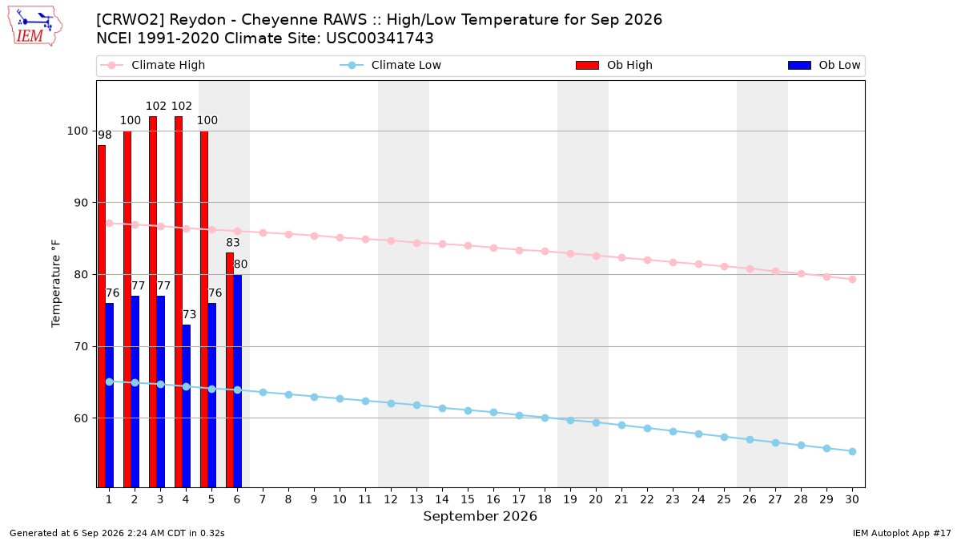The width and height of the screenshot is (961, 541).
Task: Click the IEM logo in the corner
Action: coord(35,26)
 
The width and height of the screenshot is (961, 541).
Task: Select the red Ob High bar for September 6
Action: coord(230,369)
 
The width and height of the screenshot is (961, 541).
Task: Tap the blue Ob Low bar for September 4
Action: coord(186,406)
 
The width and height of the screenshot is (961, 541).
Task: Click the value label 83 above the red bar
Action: coord(233,243)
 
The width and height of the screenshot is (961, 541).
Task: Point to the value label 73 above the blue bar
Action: coord(189,315)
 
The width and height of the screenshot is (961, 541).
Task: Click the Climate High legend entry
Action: coord(153,65)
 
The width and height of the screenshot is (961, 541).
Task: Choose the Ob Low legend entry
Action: coord(824,65)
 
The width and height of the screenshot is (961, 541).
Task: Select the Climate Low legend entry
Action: coord(391,65)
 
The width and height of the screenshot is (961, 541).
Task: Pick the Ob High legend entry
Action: coord(614,65)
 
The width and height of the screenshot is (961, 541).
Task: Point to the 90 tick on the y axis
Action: coord(81,203)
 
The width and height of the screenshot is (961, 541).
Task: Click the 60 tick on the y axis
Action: coord(81,418)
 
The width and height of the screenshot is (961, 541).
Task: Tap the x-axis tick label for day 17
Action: coord(519,499)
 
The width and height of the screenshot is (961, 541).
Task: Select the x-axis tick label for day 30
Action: coord(852,499)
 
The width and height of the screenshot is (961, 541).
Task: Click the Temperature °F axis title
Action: coord(56,284)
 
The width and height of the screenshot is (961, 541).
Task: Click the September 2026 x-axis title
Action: coord(480,516)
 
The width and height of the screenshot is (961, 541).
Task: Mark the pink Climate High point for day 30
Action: coord(852,280)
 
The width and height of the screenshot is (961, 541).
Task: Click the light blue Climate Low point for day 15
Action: coord(468,411)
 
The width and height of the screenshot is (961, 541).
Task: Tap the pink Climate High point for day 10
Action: coord(340,237)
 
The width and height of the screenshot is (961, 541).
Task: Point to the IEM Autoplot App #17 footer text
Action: coord(902,533)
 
